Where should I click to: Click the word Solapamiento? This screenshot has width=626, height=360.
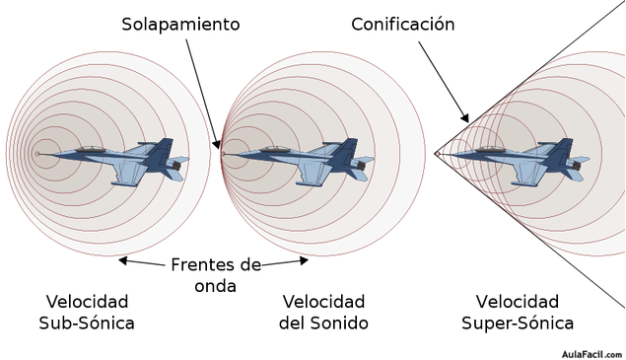(180, 24)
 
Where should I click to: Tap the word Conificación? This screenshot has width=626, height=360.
(403, 24)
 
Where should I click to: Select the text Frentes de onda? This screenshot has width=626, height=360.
(215, 275)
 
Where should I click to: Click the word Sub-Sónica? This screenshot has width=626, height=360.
(87, 323)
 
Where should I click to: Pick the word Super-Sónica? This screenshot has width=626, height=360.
(518, 323)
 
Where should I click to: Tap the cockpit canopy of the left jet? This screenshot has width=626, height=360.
(91, 149)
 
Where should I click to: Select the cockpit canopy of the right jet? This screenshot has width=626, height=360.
(490, 149)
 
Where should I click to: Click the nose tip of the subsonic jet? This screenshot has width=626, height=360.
(38, 154)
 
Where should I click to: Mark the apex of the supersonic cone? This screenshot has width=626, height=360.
(437, 154)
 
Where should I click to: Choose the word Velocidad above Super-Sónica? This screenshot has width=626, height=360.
(518, 301)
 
